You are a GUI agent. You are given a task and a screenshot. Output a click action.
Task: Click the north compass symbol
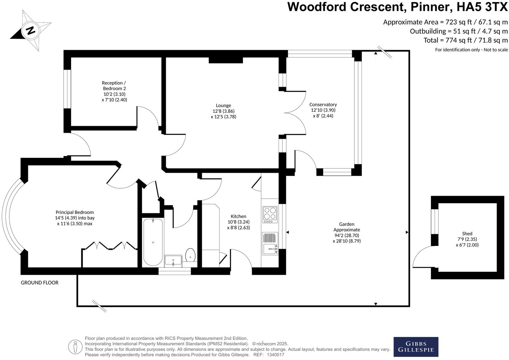(31, 31)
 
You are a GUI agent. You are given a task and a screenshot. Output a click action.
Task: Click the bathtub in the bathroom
(153, 242)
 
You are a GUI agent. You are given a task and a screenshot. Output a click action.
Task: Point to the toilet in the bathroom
(191, 255)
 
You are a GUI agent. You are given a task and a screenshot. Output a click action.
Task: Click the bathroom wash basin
(173, 261)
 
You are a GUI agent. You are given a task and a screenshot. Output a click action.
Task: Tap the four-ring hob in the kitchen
(270, 213)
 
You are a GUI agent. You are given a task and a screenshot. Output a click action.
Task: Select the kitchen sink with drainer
(270, 244)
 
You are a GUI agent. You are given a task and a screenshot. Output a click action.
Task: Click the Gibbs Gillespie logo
(416, 346)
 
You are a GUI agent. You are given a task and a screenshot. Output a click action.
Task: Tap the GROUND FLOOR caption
(40, 283)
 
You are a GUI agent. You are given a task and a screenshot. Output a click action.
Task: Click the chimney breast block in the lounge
(226, 60)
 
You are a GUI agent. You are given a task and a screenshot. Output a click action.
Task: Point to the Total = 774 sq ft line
(465, 40)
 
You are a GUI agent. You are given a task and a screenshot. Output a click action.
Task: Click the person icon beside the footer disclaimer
(75, 346)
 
